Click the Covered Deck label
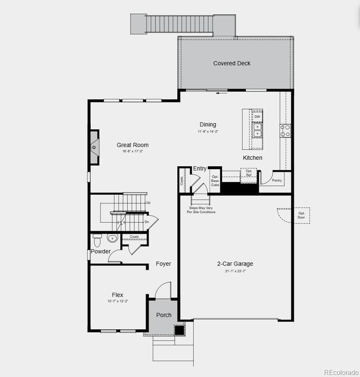(232, 63)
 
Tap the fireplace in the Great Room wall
(95, 148)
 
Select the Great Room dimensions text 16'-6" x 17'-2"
(132, 151)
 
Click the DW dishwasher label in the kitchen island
(257, 117)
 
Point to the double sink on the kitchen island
(258, 130)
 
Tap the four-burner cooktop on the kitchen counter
(286, 131)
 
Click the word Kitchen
(252, 158)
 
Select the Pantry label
(276, 180)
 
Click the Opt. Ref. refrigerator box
(249, 173)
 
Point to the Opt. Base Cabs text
(215, 181)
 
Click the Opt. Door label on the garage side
(301, 215)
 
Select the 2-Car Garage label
(235, 264)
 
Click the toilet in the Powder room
(97, 240)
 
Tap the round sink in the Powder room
(112, 239)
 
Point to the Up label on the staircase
(148, 203)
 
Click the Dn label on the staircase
(147, 222)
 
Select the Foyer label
(163, 264)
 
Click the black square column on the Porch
(179, 330)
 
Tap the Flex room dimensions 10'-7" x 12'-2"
(117, 301)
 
